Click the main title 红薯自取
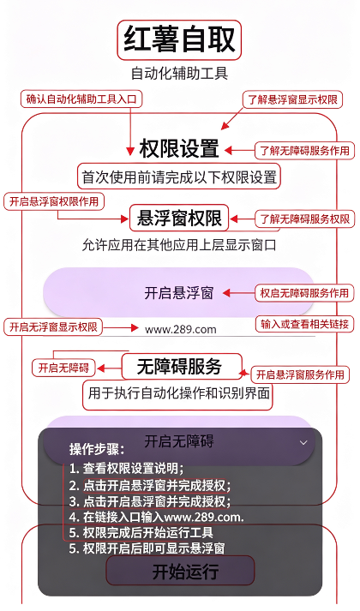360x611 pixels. coord(179,39)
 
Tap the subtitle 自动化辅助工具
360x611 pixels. coord(179,73)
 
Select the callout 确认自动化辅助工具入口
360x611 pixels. coord(81,99)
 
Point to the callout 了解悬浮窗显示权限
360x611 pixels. coord(292,99)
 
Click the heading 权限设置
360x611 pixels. coord(179,148)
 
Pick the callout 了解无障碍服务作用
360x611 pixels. coord(304,151)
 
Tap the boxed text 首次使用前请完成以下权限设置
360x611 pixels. coord(179,177)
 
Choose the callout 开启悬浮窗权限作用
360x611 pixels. coord(54,201)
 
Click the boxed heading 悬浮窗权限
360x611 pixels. coord(179,219)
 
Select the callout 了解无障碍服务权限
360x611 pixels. coord(304,219)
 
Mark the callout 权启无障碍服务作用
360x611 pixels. coord(304,293)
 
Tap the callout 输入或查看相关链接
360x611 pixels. coord(304,324)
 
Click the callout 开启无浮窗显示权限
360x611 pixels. coord(53,326)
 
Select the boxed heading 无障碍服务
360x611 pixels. coord(182,366)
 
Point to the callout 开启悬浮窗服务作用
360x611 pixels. coord(300,374)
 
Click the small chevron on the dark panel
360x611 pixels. coord(303,443)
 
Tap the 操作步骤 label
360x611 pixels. coord(97,449)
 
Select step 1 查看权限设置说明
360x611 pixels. coord(127,468)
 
